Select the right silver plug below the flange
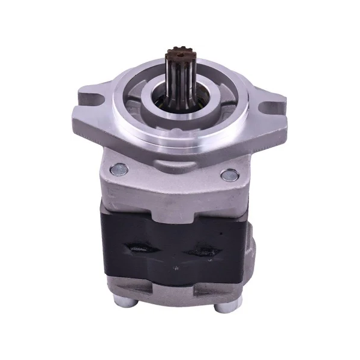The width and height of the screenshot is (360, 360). click(229, 175)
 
